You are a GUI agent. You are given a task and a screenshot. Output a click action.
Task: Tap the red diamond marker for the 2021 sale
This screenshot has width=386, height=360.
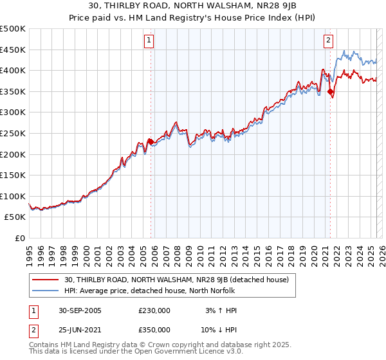click(x=330, y=92)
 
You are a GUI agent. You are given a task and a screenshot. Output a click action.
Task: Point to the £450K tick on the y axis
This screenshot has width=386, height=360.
click(x=13, y=50)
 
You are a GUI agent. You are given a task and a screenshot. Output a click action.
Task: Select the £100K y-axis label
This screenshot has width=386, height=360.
click(x=13, y=196)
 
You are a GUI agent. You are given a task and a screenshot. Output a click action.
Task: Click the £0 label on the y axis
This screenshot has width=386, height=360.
click(x=20, y=238)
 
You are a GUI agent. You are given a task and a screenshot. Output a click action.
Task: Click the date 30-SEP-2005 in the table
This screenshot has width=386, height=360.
click(x=80, y=310)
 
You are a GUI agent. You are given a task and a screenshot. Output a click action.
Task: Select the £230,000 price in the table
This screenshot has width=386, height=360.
click(x=154, y=310)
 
